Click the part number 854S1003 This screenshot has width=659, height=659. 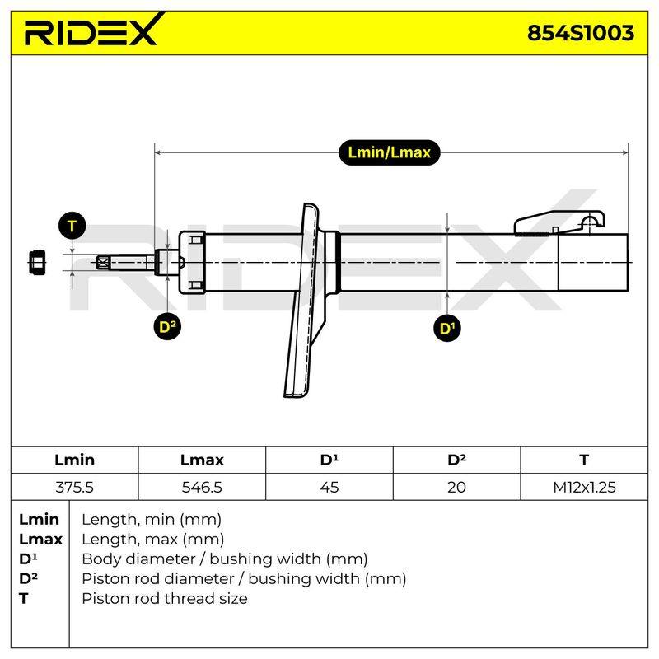(581, 33)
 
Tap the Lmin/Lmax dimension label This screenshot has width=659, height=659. (389, 152)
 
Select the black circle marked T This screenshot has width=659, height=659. (72, 226)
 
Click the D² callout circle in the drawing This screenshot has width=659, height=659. (167, 326)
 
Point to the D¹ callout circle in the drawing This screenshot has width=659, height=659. (447, 328)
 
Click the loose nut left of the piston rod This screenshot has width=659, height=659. (37, 263)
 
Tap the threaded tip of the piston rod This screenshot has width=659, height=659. (104, 263)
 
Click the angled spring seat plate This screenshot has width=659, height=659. (306, 300)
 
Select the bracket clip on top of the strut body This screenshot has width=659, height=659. (559, 223)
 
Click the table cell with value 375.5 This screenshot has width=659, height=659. (74, 487)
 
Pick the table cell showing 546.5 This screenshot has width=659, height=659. (202, 487)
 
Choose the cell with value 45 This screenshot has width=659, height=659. (329, 487)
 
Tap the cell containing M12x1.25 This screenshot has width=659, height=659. (584, 487)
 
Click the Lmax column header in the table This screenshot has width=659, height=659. (202, 460)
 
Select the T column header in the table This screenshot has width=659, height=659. (584, 460)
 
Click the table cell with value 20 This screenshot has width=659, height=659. (456, 487)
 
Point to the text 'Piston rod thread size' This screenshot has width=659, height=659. (164, 598)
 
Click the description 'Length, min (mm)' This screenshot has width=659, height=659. (152, 520)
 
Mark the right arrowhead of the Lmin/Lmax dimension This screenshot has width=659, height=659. (625, 152)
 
